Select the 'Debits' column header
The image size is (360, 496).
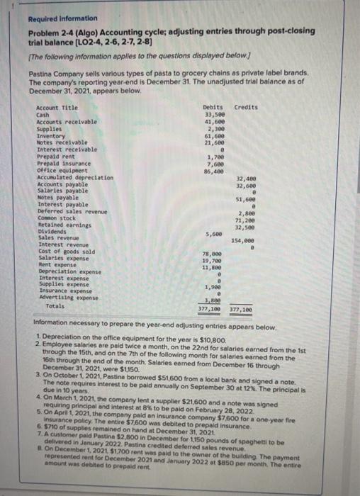point(213,107)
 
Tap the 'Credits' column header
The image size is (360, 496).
point(245,107)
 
